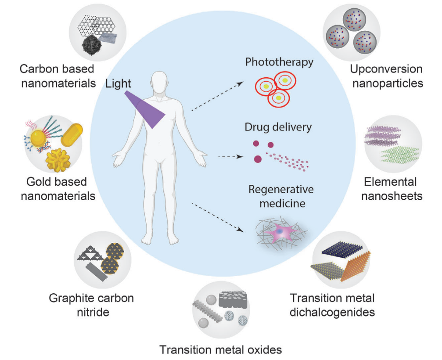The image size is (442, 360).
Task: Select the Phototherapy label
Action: coord(280,61)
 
